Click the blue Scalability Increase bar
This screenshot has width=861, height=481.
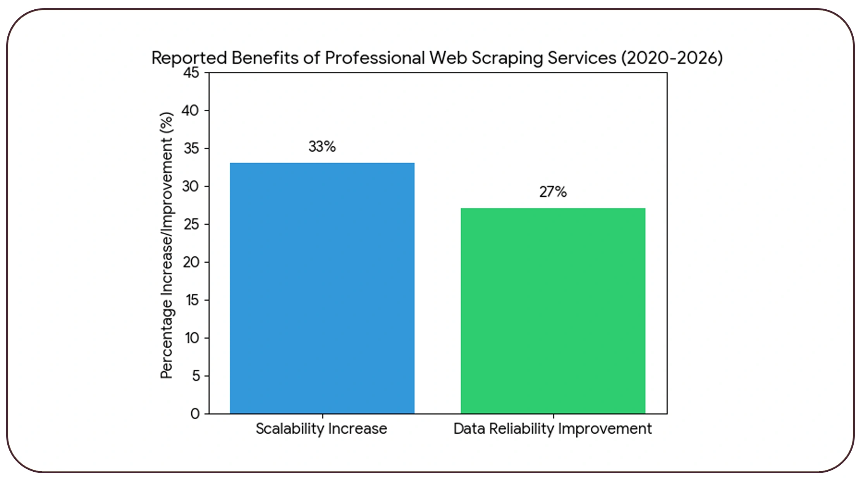322,288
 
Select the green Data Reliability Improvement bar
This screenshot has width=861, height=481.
553,310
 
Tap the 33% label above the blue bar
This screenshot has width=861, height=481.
322,147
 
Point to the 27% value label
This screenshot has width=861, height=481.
553,192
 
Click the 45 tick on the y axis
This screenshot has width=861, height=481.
191,73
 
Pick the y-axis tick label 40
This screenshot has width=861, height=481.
190,111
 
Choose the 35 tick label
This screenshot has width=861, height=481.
191,149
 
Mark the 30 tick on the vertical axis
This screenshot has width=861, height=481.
190,187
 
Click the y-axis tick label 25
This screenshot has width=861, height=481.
191,224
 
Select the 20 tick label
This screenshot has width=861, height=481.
191,263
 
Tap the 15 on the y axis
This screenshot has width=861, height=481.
192,300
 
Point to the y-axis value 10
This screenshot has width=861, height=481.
192,338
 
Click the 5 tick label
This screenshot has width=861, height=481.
196,376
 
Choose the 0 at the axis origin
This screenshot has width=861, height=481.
195,414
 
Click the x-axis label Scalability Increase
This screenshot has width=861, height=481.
321,429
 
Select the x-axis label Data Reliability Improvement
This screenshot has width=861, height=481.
552,429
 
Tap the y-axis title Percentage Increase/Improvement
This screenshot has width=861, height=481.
167,245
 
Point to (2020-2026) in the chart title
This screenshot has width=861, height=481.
672,58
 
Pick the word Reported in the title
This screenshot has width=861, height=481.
189,58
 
